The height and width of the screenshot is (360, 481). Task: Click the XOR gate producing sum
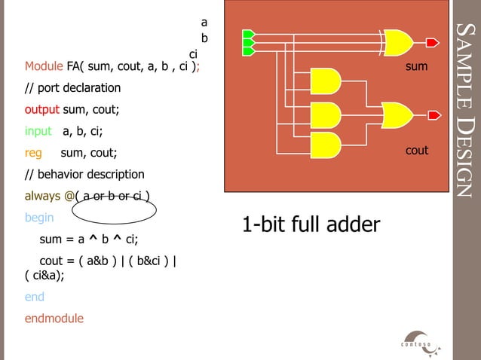pyautogui.click(x=398, y=41)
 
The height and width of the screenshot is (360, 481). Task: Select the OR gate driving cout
pyautogui.click(x=397, y=115)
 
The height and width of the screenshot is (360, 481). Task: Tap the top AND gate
pyautogui.click(x=326, y=81)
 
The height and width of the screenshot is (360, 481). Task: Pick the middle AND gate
pyautogui.click(x=326, y=115)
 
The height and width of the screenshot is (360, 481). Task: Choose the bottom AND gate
pyautogui.click(x=326, y=145)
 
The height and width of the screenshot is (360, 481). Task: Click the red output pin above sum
pyautogui.click(x=433, y=41)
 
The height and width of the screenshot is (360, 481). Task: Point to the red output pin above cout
pyautogui.click(x=434, y=115)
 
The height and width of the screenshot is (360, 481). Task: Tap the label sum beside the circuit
pyautogui.click(x=416, y=67)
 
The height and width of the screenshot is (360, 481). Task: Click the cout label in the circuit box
pyautogui.click(x=417, y=151)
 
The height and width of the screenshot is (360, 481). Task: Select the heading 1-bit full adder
pyautogui.click(x=311, y=224)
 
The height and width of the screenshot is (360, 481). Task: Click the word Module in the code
pyautogui.click(x=44, y=66)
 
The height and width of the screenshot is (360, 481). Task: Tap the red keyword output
pyautogui.click(x=41, y=109)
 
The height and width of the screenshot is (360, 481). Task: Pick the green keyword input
pyautogui.click(x=38, y=131)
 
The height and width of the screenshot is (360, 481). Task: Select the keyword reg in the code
pyautogui.click(x=33, y=153)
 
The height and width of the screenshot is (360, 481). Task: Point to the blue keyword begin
pyautogui.click(x=39, y=218)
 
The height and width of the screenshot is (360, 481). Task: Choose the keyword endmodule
pyautogui.click(x=54, y=318)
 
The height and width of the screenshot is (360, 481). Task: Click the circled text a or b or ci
pyautogui.click(x=114, y=198)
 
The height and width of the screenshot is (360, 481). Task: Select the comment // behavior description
pyautogui.click(x=84, y=175)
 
